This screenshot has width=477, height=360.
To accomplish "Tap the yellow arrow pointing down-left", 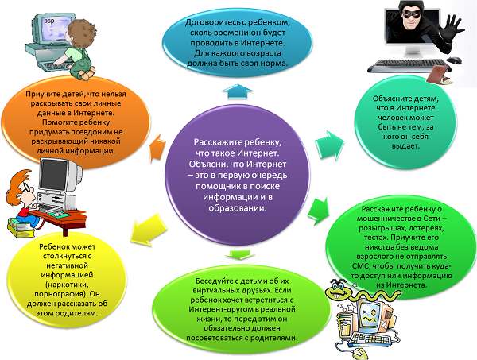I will point(143,231).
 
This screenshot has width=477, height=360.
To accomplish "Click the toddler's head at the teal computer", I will point(83,30).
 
